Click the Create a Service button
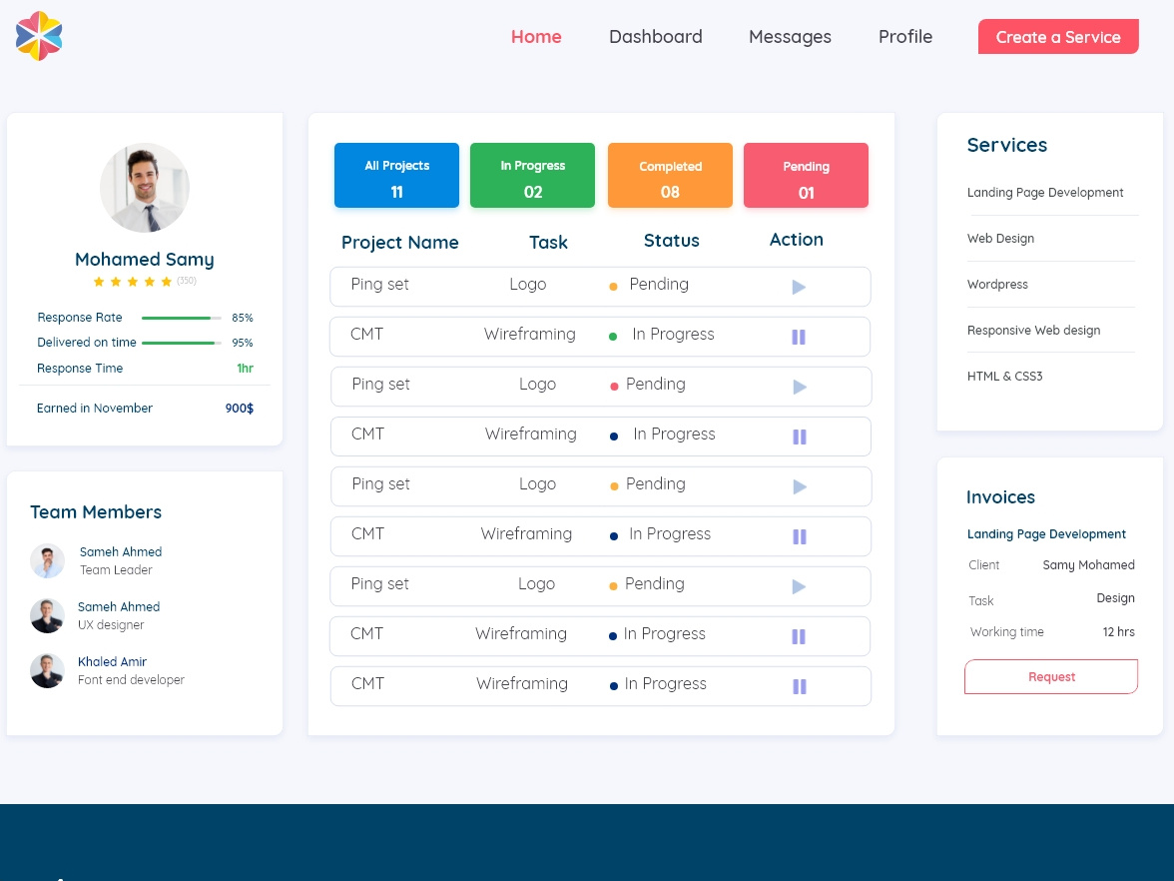1058,37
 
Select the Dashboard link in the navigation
655,37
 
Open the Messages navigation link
790,37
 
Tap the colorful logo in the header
39,36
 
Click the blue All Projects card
396,176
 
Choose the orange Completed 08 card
670,176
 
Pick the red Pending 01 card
806,176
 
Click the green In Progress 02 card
532,176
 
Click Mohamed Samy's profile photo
145,188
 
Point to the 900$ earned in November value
239,409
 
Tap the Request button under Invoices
1051,677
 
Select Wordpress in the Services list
997,285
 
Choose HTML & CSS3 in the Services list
1004,377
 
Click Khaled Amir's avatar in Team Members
47,670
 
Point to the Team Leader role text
116,570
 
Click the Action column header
796,240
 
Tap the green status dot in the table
613,337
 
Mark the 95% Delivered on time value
242,343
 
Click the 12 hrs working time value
1118,632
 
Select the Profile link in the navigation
904,37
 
